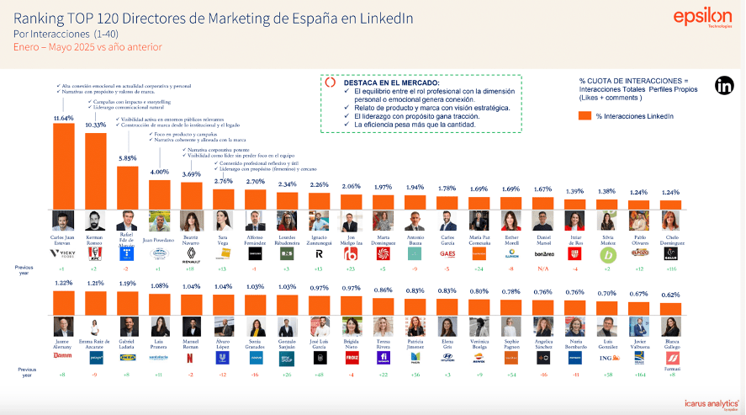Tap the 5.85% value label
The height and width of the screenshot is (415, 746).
[127, 158]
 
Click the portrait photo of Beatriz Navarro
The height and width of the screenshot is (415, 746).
[192, 221]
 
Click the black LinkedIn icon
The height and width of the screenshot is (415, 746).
[724, 85]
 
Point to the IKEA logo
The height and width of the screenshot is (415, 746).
[127, 358]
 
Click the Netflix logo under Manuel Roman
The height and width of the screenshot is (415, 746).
[192, 358]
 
